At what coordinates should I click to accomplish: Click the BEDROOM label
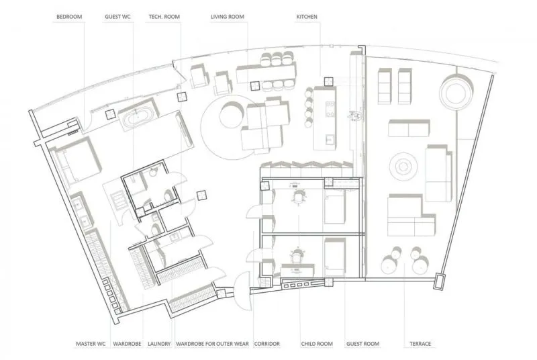point(69,16)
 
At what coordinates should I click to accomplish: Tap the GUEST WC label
point(117,16)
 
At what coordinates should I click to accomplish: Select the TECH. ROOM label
point(164,16)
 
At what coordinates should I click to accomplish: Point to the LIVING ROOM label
point(228,16)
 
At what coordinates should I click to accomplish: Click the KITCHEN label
point(307,16)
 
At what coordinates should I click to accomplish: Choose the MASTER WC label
point(91,344)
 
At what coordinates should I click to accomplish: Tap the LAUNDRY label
point(159,344)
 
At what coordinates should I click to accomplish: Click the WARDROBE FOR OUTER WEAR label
point(212,344)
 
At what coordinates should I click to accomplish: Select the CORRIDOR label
point(267,344)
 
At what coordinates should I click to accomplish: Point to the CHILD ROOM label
point(317,344)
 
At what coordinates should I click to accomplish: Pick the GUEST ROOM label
point(362,344)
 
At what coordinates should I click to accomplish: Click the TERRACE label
point(420,344)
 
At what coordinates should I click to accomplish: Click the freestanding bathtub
point(138,117)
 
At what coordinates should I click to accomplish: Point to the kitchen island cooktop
point(330,109)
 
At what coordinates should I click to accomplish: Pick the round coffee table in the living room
point(232,115)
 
